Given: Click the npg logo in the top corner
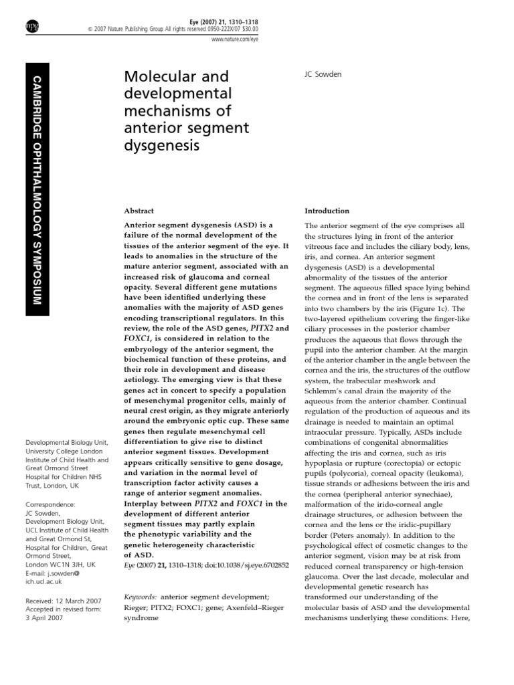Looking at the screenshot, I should tap(31, 26).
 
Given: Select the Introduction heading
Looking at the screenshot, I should tap(327, 210).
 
